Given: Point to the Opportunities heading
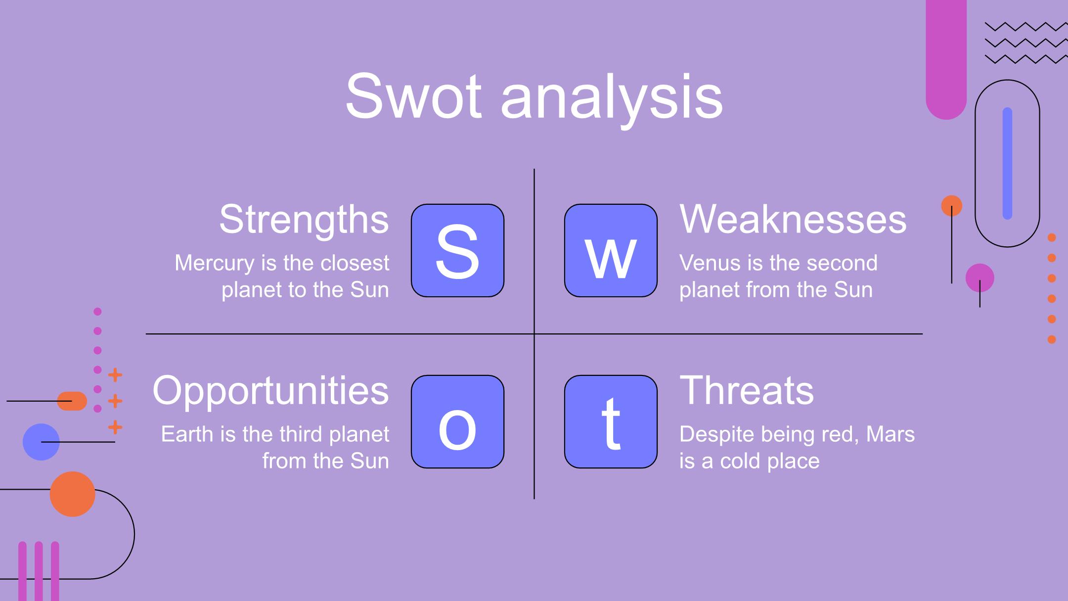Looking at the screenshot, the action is tap(271, 391).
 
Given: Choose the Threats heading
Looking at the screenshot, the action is tap(747, 390).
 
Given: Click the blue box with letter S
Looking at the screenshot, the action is tap(457, 250).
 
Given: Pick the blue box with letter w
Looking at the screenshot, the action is tap(611, 250).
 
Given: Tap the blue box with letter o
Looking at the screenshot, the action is tap(457, 421).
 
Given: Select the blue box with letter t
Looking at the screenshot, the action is tap(611, 421).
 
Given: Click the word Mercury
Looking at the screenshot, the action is tap(215, 264).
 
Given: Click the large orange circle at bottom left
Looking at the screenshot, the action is tap(72, 494).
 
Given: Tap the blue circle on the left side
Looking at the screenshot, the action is tap(41, 442).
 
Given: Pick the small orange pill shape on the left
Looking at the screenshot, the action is tap(72, 401).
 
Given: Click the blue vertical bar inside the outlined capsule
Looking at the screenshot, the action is tap(1007, 163).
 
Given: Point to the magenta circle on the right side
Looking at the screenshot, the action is tap(979, 277).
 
